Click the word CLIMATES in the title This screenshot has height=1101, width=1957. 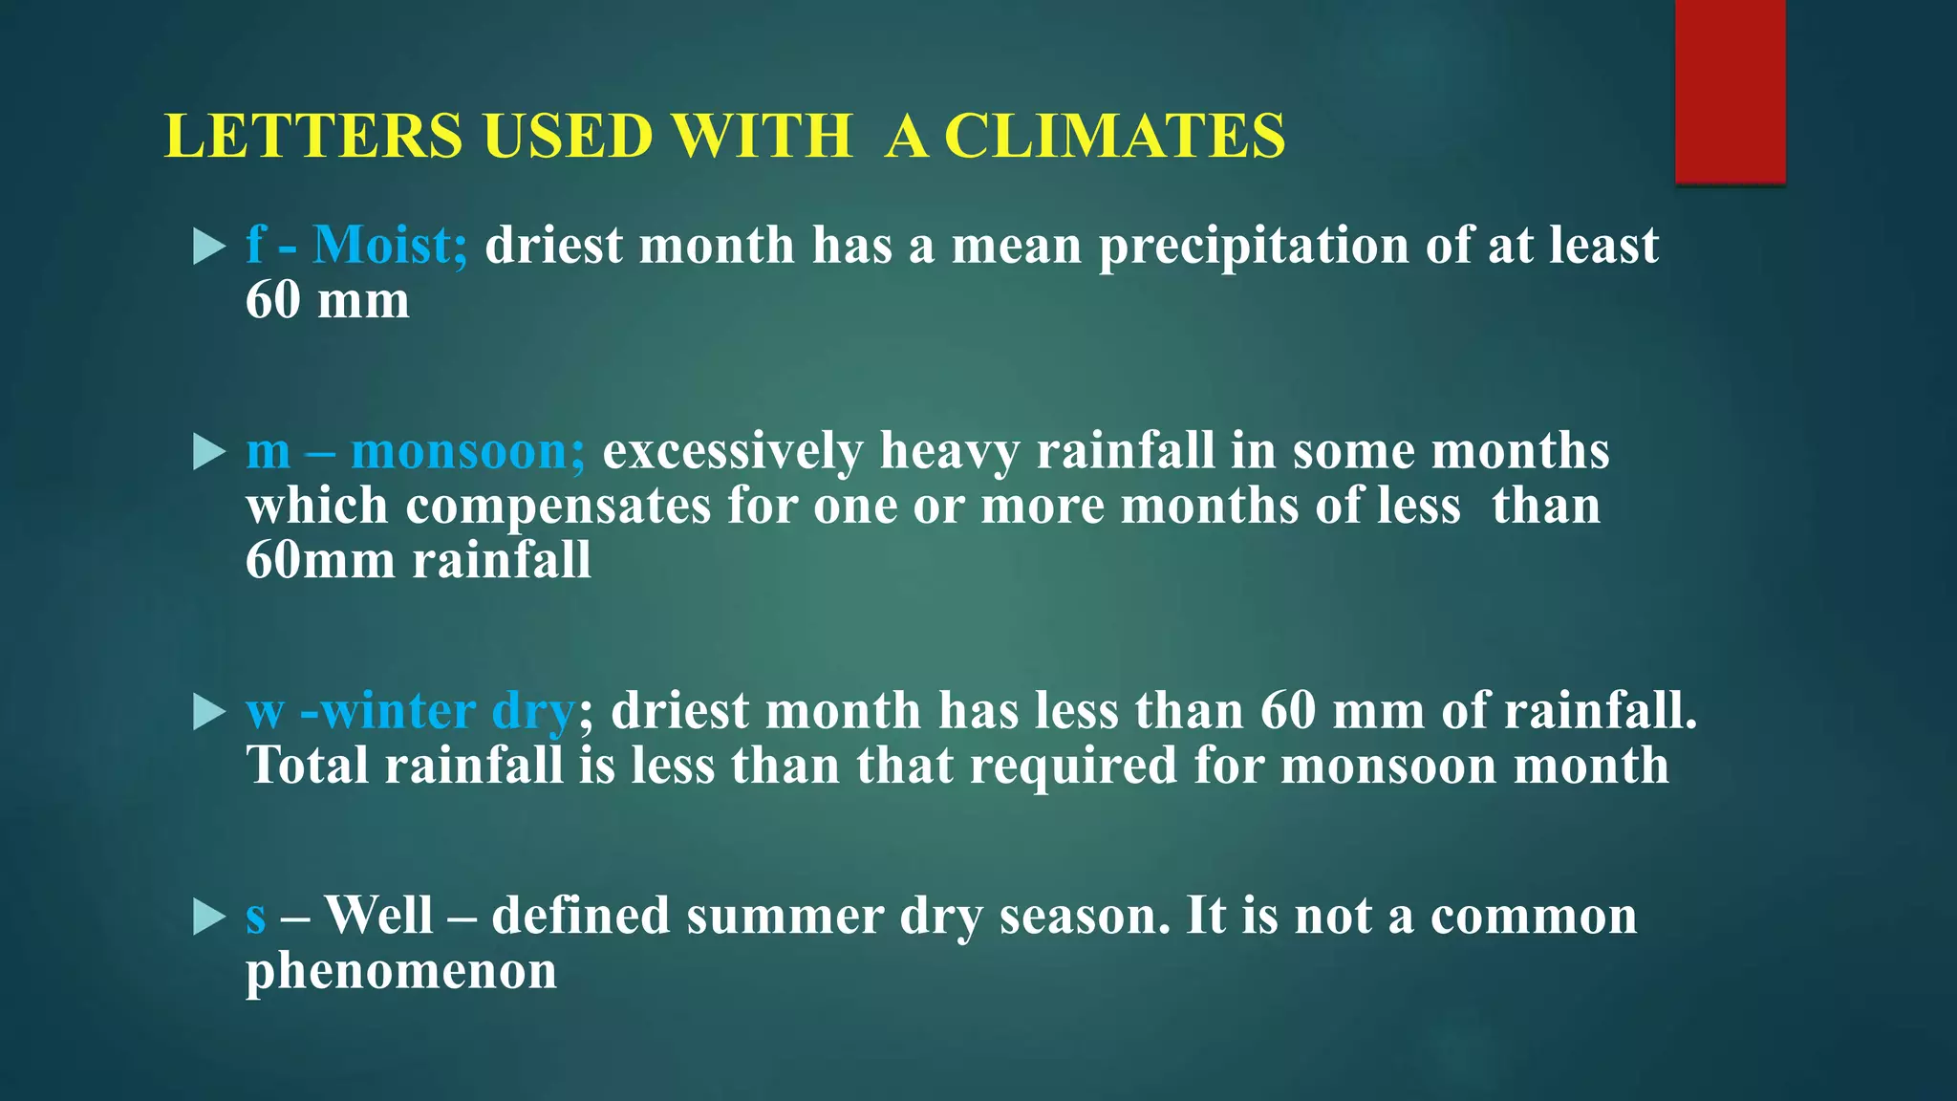1114,136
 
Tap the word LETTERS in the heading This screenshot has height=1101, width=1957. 313,136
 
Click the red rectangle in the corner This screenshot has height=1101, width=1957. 1730,91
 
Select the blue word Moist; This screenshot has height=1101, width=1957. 390,246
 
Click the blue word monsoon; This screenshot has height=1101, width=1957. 468,451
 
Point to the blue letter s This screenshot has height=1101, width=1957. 255,917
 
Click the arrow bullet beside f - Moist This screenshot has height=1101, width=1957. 208,247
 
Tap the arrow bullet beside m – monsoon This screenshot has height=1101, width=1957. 208,452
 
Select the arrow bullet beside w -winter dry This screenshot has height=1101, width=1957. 208,712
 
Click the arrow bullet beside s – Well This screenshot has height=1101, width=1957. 208,917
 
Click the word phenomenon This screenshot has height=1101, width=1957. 401,972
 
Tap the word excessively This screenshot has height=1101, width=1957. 732,451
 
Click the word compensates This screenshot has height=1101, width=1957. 558,506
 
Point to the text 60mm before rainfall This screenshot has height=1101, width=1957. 319,560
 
